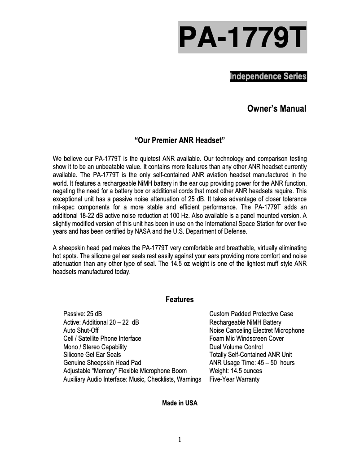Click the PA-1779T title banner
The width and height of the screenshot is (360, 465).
242,37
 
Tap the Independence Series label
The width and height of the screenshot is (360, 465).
268,77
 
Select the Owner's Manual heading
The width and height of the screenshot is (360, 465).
277,109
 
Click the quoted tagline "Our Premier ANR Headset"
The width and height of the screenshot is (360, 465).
180,141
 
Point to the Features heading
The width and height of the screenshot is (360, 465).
180,300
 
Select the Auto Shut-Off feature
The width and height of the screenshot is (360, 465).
81,330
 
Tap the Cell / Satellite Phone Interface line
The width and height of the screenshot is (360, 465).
102,339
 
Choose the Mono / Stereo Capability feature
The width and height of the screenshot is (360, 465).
95,347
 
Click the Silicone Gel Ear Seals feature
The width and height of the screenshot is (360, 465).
92,355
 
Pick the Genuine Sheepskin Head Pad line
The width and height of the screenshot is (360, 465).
102,363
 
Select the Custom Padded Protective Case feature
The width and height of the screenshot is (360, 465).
251,314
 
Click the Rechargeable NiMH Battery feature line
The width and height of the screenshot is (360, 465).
246,322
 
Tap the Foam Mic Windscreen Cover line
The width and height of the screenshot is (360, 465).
246,339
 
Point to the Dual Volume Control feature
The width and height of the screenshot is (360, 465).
236,347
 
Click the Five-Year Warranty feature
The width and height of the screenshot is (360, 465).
234,379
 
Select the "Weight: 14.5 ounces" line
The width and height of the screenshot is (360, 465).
236,371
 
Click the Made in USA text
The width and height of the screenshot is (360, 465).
180,403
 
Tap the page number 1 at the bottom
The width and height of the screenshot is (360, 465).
180,439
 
